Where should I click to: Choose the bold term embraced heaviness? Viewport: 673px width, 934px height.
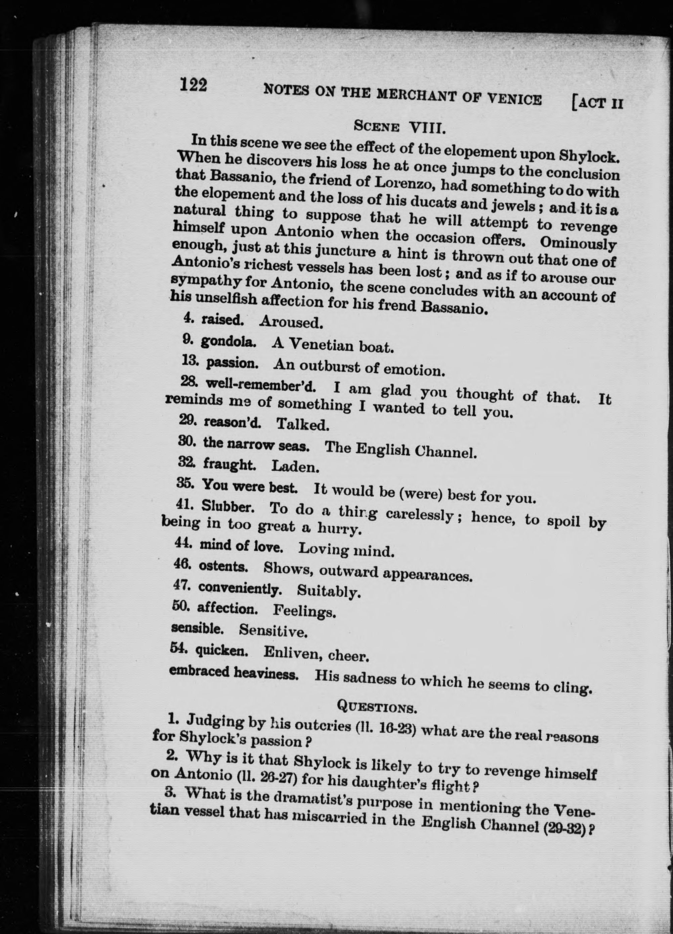pos(234,672)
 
